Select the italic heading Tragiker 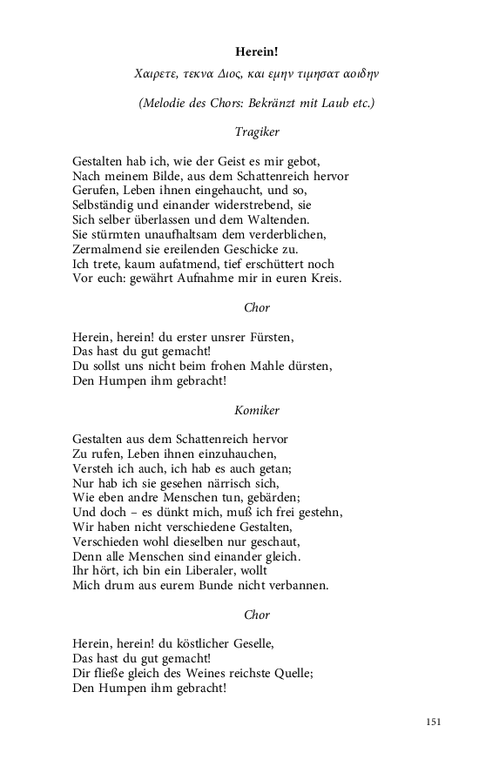257,132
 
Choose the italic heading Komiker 257,409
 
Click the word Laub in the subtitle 330,104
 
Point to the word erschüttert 288,264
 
